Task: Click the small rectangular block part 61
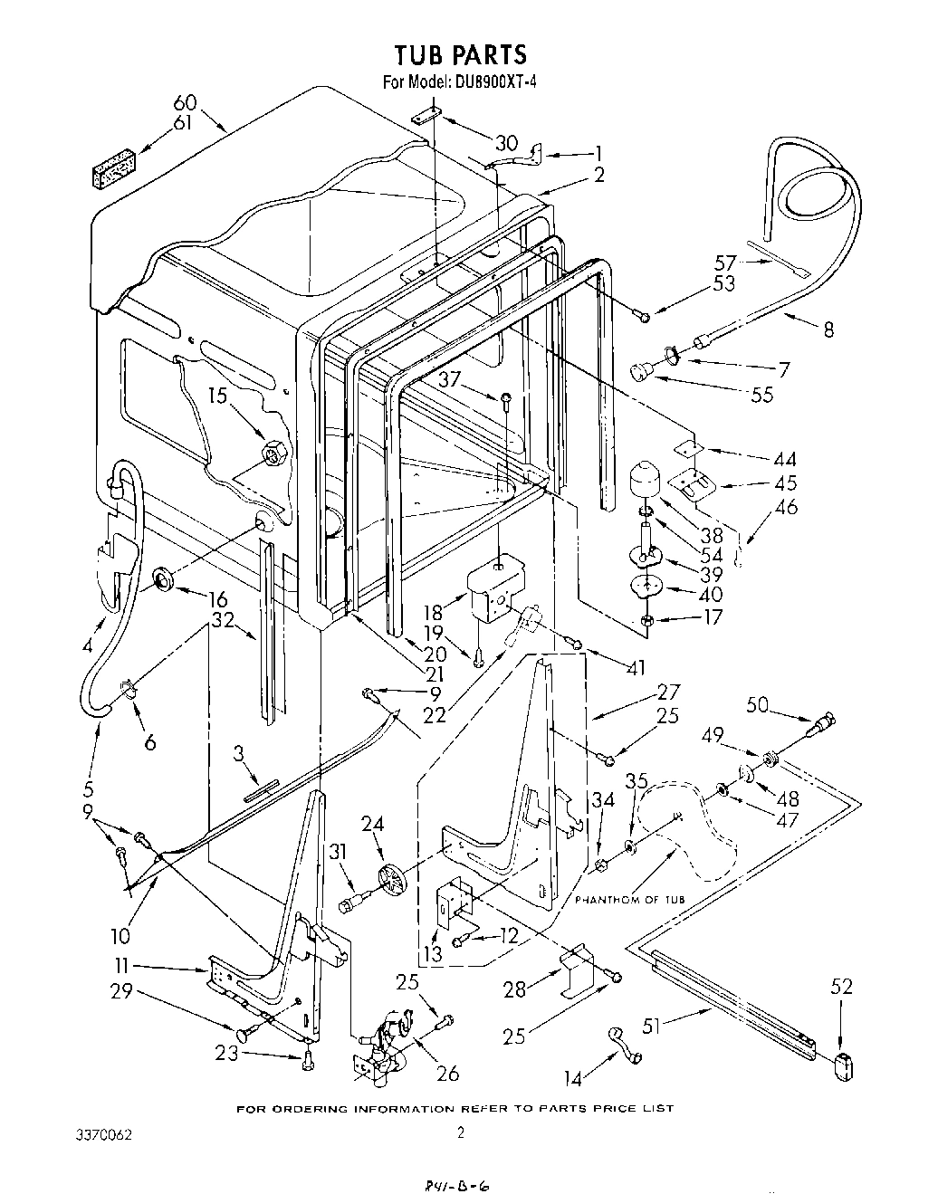pos(114,170)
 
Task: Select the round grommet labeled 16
pos(165,579)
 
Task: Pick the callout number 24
pos(373,824)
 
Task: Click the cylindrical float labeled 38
pos(646,477)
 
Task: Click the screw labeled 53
pos(643,315)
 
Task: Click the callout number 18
pos(433,613)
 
